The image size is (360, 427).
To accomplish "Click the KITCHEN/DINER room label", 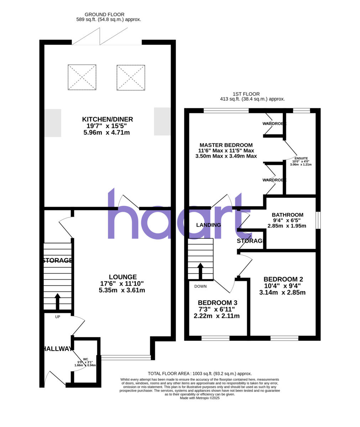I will [x=108, y=119].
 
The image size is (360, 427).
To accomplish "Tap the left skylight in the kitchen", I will [x=82, y=77].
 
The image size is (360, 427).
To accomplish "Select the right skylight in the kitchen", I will [x=131, y=77].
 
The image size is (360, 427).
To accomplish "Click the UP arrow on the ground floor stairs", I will [x=57, y=301].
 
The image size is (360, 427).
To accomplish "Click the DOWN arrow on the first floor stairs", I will [x=200, y=270].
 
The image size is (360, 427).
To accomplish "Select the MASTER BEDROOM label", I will [x=226, y=145].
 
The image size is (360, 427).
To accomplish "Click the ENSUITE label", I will [x=301, y=158].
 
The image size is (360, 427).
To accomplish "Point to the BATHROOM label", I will [x=287, y=215].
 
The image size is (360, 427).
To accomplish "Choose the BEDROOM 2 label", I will [x=283, y=279].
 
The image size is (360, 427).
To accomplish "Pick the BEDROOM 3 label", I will [x=217, y=302].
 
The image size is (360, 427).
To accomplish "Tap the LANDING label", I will [x=209, y=225].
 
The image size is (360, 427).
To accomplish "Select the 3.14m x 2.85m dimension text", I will [x=282, y=292].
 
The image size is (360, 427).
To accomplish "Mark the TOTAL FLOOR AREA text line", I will [x=200, y=374].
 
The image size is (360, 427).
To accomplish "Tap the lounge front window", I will [x=126, y=357].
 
